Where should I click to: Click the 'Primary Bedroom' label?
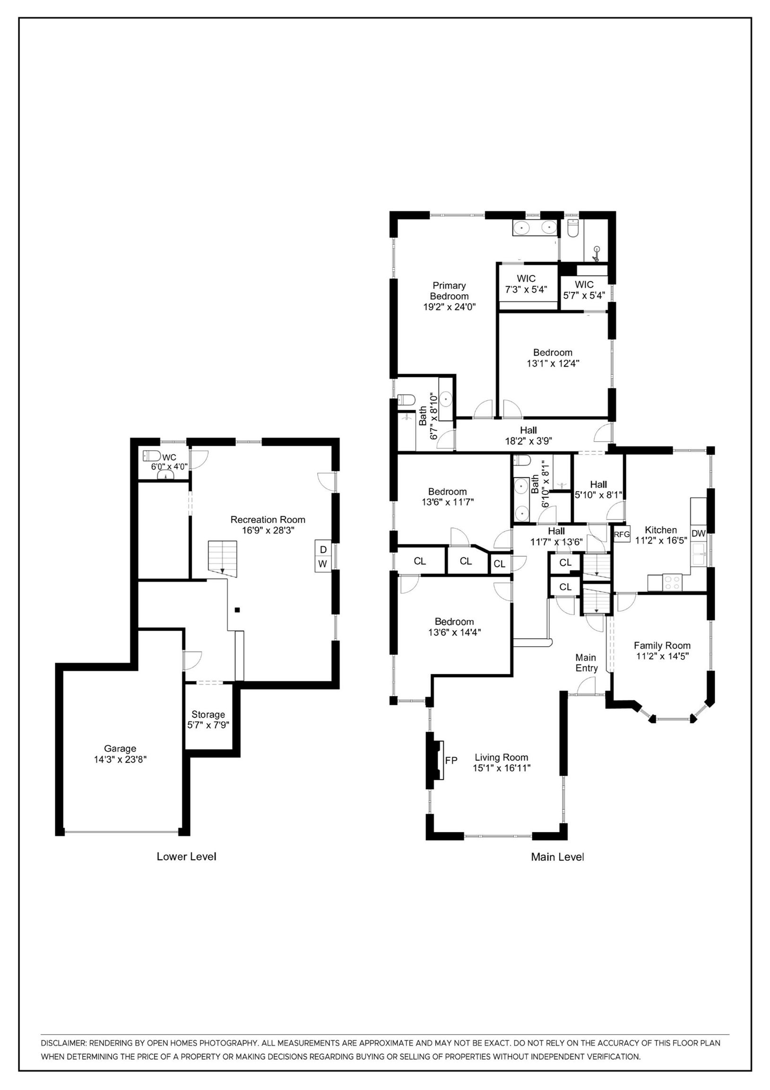tap(449, 290)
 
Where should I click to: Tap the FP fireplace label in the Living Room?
tap(451, 760)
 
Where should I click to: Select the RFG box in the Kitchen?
tap(622, 534)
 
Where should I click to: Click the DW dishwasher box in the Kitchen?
tap(698, 534)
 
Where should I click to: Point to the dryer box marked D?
tap(323, 549)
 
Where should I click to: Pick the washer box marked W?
tap(323, 564)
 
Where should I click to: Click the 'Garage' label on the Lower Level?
tap(120, 748)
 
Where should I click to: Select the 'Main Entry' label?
tap(586, 663)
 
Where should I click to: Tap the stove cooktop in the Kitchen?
tap(672, 582)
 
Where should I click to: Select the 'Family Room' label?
tap(662, 645)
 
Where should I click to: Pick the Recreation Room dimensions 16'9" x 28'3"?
tap(268, 530)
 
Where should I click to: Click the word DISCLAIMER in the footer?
tap(63, 1043)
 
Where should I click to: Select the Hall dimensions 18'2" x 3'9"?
tap(528, 440)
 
